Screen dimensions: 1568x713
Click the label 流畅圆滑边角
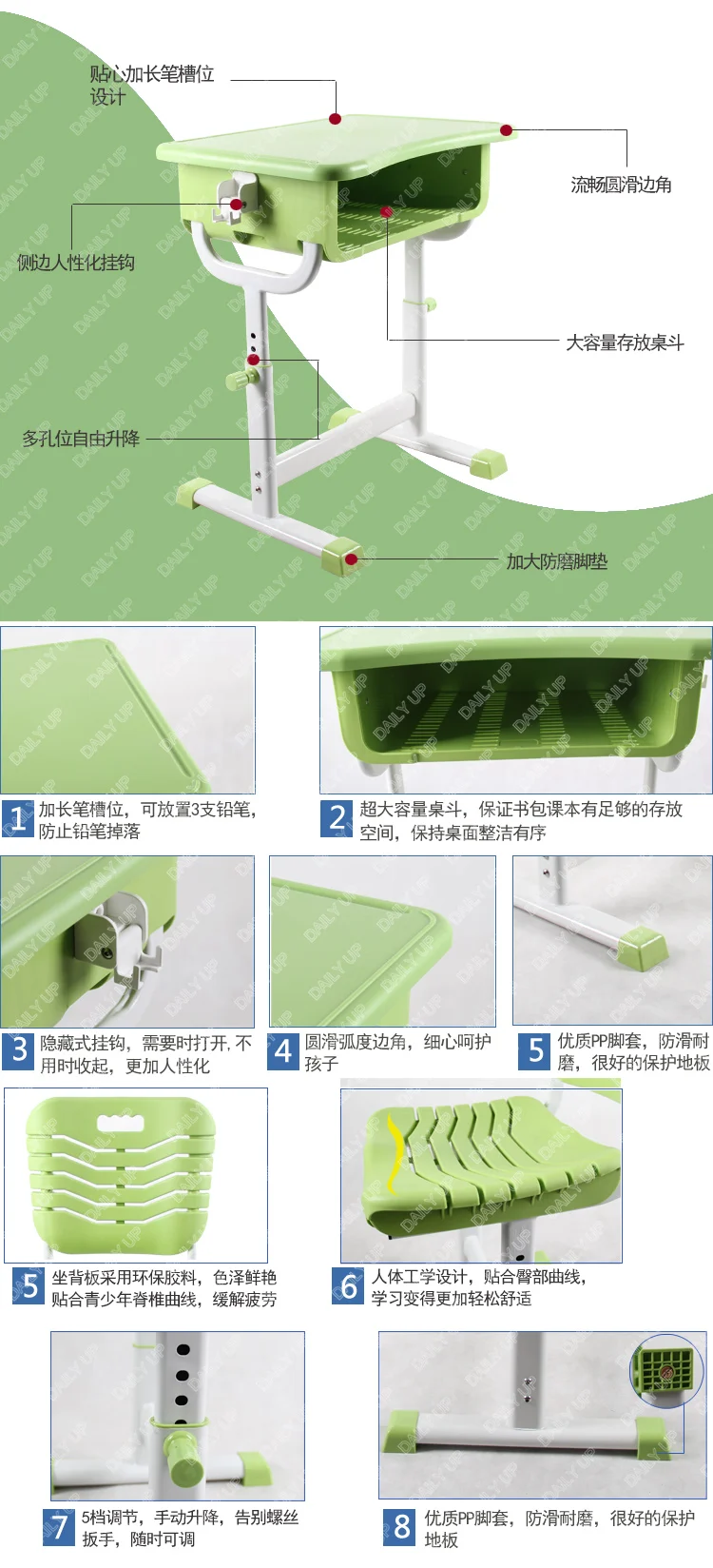coord(621,185)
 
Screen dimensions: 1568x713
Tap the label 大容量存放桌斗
coord(625,343)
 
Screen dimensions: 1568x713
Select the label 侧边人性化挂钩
coord(76,263)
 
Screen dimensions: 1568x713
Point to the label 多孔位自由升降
coord(81,439)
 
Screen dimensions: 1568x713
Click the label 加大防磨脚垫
coord(556,561)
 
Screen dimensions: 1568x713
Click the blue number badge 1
coord(17,819)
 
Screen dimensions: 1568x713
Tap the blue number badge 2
coord(337,819)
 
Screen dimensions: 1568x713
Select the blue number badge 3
coord(19,1051)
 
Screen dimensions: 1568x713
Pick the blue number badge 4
coord(283,1051)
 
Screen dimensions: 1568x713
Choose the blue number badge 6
coord(349,1286)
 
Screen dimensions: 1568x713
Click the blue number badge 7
coord(59,1526)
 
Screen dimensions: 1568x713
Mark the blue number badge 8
coord(401,1526)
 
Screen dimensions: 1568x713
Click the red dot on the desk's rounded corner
coord(507,130)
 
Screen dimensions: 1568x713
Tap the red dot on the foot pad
coord(351,559)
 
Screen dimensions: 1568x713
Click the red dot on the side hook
coord(236,204)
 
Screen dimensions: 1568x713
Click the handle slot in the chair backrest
coord(121,1124)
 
